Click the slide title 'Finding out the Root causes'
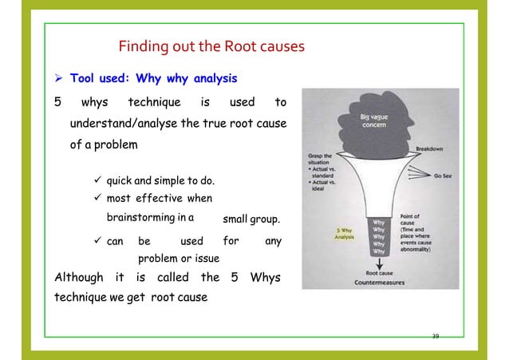pos(211,46)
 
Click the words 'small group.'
pos(251,218)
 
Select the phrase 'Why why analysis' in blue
pos(185,79)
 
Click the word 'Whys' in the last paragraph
pos(265,278)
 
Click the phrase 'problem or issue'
pos(180,259)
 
